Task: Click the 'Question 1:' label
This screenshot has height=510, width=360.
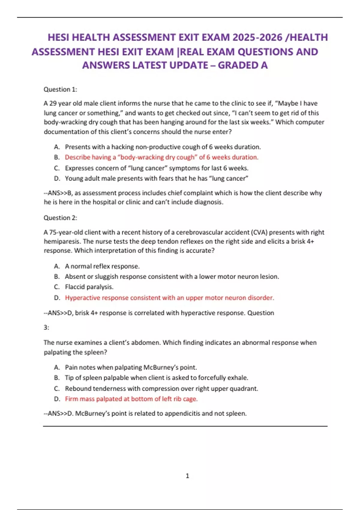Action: pyautogui.click(x=60, y=89)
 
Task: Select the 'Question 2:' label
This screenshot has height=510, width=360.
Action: pyautogui.click(x=60, y=218)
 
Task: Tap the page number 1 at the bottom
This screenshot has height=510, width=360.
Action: pyautogui.click(x=187, y=476)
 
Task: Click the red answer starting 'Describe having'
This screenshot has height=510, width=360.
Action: pyautogui.click(x=161, y=157)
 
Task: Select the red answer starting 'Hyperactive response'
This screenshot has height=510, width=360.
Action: pyautogui.click(x=169, y=298)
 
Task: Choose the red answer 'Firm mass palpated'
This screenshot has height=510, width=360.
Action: pyautogui.click(x=131, y=399)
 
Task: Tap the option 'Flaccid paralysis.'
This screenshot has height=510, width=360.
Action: pyautogui.click(x=89, y=287)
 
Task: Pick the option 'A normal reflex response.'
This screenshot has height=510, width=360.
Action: pyautogui.click(x=102, y=266)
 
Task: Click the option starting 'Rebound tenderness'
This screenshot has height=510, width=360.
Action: pyautogui.click(x=161, y=389)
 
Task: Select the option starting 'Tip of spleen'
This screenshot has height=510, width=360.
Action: pyautogui.click(x=156, y=378)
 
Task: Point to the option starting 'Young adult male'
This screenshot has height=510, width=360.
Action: pyautogui.click(x=156, y=178)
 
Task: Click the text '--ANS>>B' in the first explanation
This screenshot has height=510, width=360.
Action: pyautogui.click(x=58, y=193)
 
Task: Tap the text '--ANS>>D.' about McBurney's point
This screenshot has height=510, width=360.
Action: pyautogui.click(x=58, y=414)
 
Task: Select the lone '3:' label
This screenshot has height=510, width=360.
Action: pyautogui.click(x=46, y=328)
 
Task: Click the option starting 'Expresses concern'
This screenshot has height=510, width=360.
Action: pyautogui.click(x=156, y=168)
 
